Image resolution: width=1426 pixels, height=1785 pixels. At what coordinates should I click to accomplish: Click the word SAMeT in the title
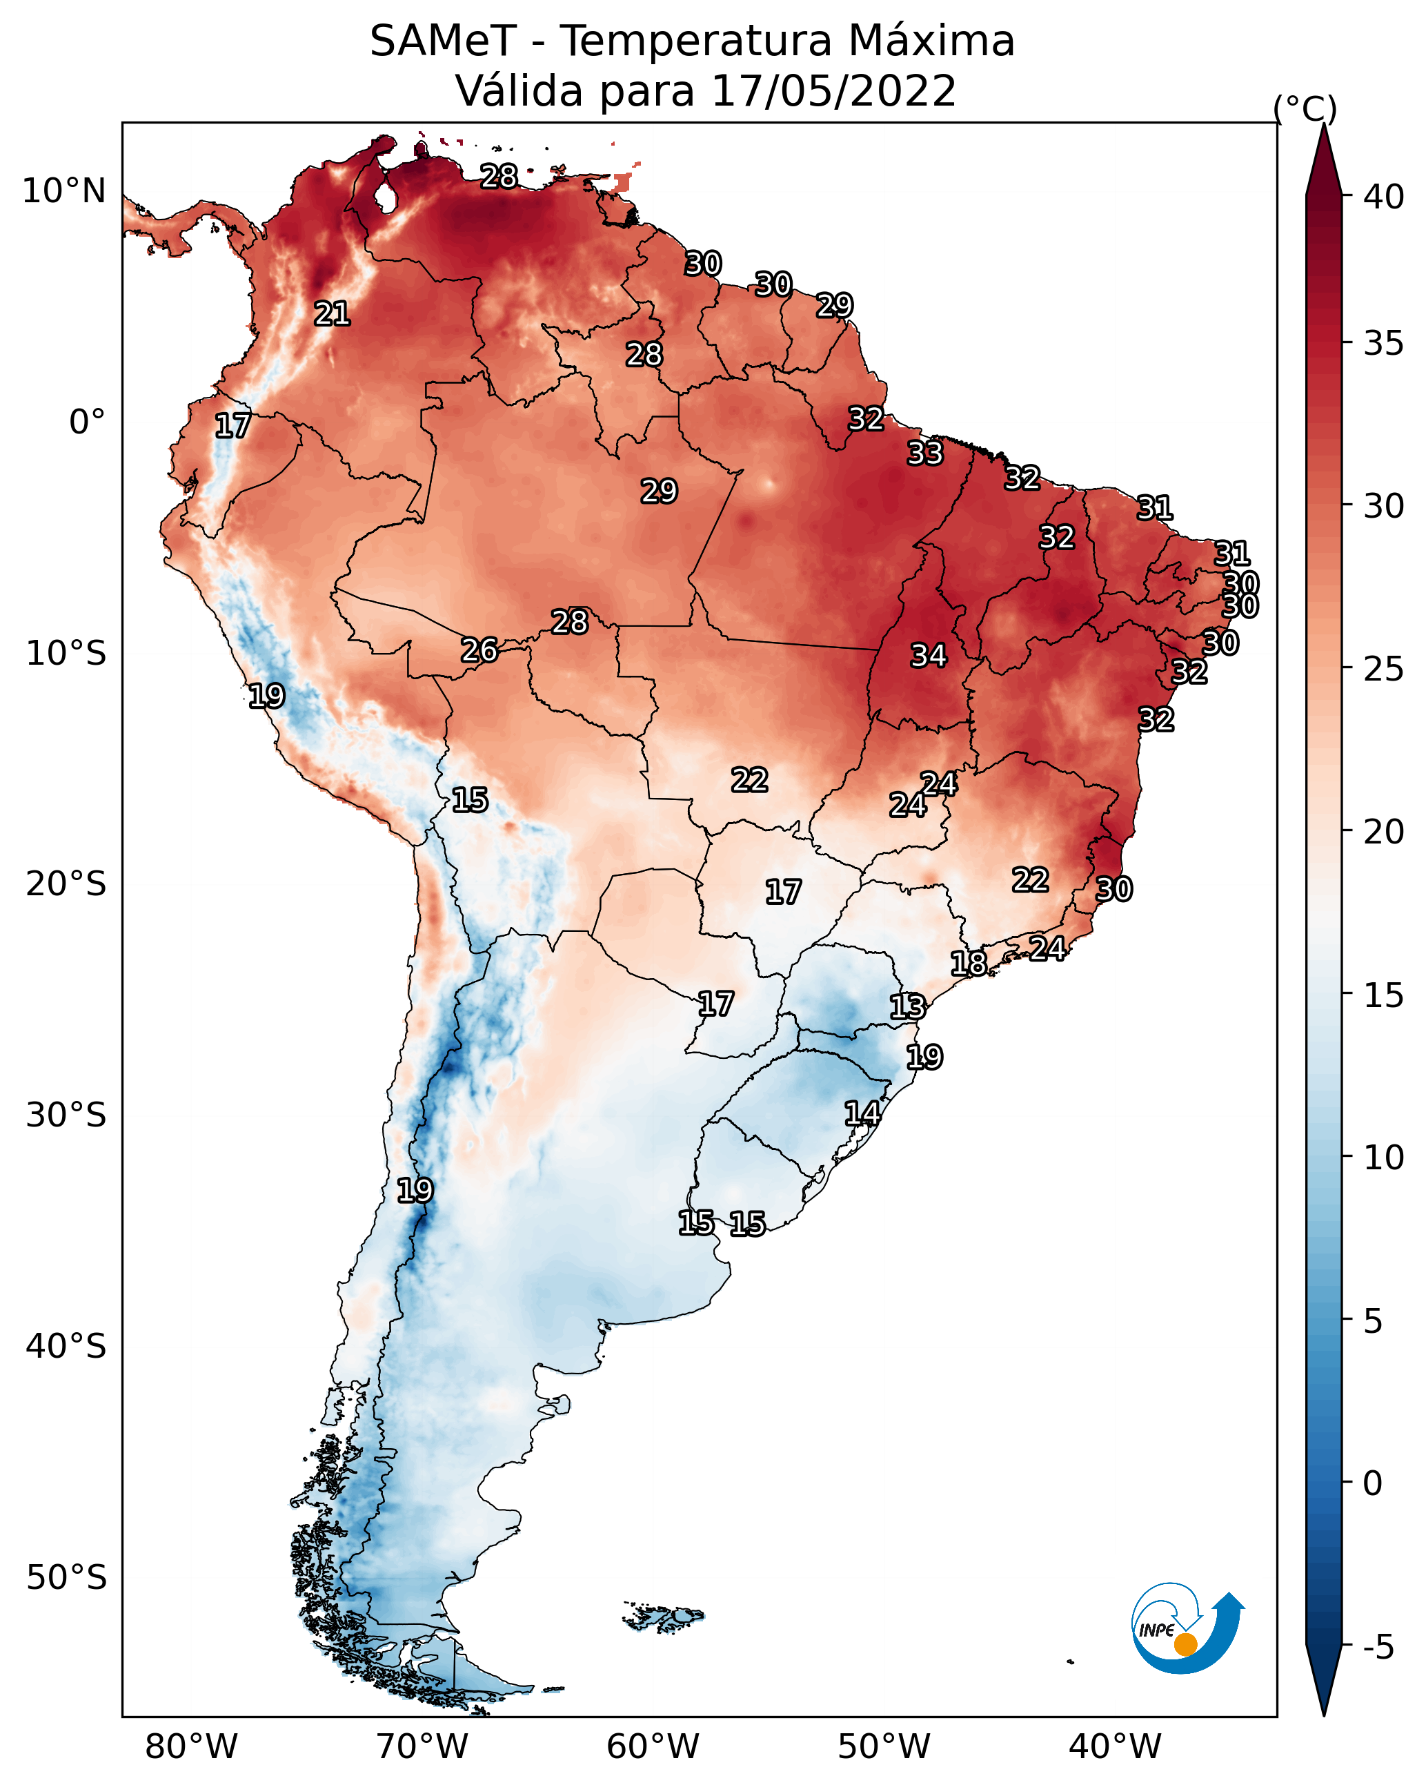click(443, 41)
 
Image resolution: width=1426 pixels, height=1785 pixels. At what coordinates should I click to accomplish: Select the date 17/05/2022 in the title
click(833, 91)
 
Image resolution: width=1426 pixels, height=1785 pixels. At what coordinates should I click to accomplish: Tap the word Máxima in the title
click(931, 41)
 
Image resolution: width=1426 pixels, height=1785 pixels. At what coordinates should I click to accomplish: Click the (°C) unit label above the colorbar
click(1305, 108)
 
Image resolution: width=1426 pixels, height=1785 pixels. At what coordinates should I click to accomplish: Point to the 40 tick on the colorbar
click(1384, 197)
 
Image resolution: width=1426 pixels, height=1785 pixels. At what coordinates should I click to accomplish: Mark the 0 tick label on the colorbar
click(1373, 1483)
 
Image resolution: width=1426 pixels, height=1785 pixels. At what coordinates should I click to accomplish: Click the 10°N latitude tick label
click(63, 191)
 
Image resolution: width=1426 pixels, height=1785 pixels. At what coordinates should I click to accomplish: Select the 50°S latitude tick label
click(66, 1578)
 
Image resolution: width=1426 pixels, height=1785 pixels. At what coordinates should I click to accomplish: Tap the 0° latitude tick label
click(88, 422)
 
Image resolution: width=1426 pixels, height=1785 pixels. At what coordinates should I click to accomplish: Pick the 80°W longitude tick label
click(191, 1747)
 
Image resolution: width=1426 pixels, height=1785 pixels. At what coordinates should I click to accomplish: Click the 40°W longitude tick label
click(1115, 1747)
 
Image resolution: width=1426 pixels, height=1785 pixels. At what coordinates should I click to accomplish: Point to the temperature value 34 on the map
click(929, 656)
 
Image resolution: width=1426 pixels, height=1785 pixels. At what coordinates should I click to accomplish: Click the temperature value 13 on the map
click(908, 1007)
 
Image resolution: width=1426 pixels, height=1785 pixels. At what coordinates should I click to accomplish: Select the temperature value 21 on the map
click(332, 314)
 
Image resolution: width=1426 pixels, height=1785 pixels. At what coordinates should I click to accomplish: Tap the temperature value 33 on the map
click(925, 453)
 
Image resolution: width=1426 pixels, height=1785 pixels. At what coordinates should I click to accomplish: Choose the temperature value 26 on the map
click(479, 651)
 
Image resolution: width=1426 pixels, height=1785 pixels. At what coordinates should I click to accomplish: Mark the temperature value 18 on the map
click(969, 963)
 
